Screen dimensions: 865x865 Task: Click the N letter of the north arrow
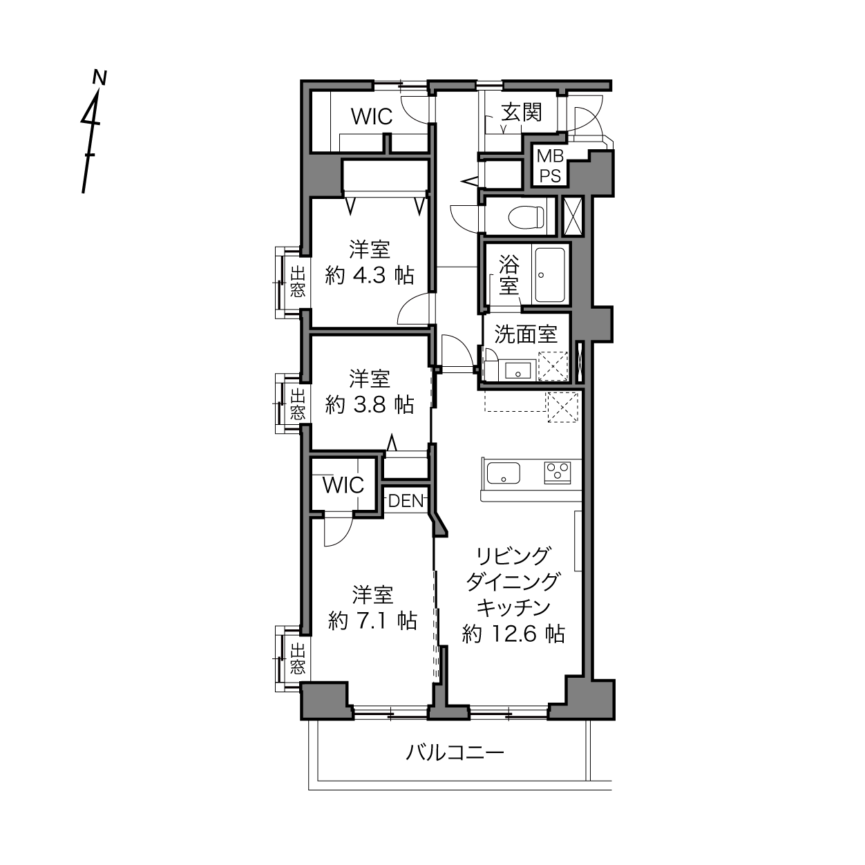pyautogui.click(x=99, y=77)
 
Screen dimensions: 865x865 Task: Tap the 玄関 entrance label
pyautogui.click(x=522, y=112)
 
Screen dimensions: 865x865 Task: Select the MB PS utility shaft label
pyautogui.click(x=550, y=166)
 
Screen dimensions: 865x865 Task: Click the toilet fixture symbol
pyautogui.click(x=526, y=217)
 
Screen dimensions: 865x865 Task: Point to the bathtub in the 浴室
pyautogui.click(x=550, y=275)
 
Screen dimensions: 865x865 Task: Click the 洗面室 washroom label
pyautogui.click(x=526, y=334)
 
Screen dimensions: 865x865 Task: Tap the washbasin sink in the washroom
pyautogui.click(x=518, y=371)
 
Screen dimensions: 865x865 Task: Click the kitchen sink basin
pyautogui.click(x=504, y=473)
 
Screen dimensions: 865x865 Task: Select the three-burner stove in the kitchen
pyautogui.click(x=558, y=473)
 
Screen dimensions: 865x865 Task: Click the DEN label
pyautogui.click(x=406, y=501)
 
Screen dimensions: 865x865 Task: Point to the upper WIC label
pyautogui.click(x=372, y=117)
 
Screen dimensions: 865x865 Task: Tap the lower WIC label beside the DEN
pyautogui.click(x=343, y=485)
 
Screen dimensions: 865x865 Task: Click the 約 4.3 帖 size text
pyautogui.click(x=370, y=275)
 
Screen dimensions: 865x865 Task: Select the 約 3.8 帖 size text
pyautogui.click(x=370, y=405)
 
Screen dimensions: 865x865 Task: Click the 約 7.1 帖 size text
pyautogui.click(x=372, y=621)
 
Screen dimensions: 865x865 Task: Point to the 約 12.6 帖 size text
pyautogui.click(x=513, y=634)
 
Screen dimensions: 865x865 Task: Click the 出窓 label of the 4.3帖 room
pyautogui.click(x=297, y=281)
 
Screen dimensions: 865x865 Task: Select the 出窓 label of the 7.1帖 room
pyautogui.click(x=297, y=658)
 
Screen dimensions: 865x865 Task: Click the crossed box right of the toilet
pyautogui.click(x=573, y=216)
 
